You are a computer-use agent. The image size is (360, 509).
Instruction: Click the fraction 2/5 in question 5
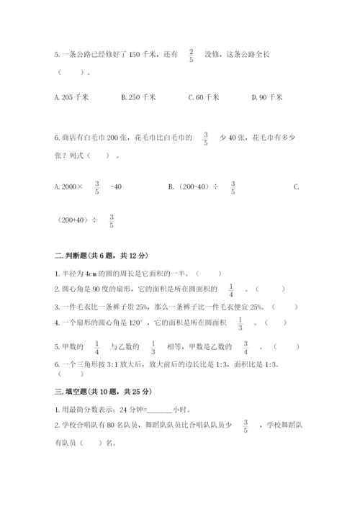pos(192,55)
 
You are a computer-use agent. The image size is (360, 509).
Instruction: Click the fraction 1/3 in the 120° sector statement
pos(241,323)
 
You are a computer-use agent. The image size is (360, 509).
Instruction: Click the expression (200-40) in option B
pos(191,187)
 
